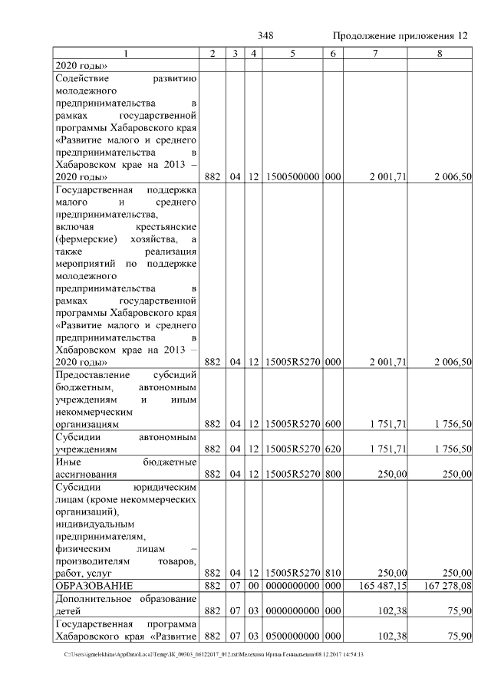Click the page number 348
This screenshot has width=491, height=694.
266,36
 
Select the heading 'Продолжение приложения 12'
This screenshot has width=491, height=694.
400,36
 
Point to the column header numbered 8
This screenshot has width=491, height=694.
440,53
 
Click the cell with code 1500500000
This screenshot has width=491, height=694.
292,177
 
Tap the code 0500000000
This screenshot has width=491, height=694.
292,636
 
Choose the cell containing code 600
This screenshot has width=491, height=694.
332,423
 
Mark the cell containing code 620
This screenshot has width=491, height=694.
332,449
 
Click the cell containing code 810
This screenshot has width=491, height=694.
332,572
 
